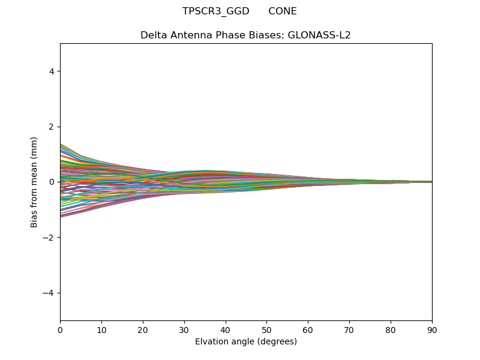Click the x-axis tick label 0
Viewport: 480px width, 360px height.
[60, 329]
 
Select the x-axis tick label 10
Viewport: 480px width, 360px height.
[101, 329]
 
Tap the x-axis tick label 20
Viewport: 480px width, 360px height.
[143, 329]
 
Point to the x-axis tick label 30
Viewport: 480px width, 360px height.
[184, 329]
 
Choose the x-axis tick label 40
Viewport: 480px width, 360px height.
[226, 329]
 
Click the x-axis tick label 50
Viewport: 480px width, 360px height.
[266, 329]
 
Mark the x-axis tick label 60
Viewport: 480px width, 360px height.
[308, 329]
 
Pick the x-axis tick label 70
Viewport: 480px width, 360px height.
[349, 329]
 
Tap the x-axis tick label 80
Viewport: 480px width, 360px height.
[391, 329]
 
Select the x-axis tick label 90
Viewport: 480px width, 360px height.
[432, 329]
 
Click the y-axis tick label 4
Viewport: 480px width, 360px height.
[52, 71]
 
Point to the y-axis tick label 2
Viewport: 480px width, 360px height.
[52, 127]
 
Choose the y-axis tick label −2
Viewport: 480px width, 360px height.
[49, 238]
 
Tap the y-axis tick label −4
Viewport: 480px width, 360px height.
[49, 293]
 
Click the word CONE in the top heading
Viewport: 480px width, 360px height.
[283, 11]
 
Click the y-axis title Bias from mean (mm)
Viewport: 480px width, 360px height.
[35, 182]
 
